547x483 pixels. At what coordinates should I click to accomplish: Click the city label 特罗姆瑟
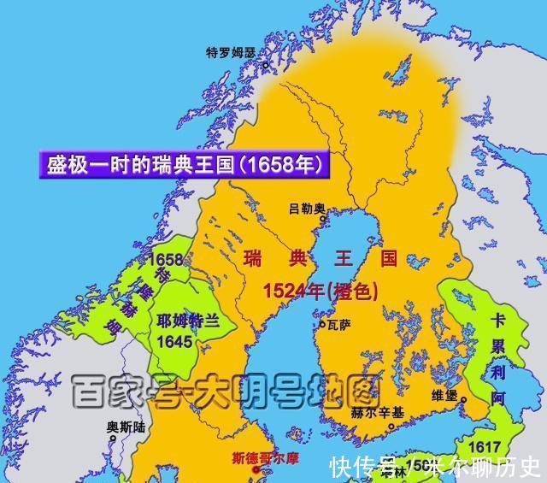pos(231,52)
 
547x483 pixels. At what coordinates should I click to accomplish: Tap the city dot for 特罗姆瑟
pos(265,64)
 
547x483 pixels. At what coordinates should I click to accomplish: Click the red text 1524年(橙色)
pos(321,291)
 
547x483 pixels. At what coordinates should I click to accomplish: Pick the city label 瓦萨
pos(338,325)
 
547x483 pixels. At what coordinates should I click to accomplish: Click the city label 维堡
pos(449,397)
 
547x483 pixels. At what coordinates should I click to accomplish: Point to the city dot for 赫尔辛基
pos(391,427)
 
